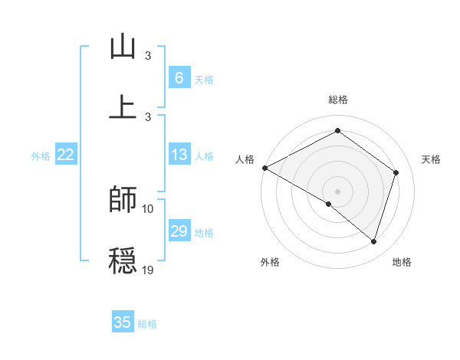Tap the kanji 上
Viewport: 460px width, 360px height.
[123, 106]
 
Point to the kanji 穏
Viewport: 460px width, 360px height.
[123, 260]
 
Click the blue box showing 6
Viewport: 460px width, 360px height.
[179, 77]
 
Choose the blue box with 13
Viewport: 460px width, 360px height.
[179, 155]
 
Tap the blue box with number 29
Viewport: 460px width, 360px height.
[179, 231]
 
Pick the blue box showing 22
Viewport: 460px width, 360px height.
[66, 155]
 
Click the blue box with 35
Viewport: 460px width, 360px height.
[123, 322]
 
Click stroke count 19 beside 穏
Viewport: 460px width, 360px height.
[148, 270]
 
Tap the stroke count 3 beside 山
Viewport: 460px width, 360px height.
[148, 57]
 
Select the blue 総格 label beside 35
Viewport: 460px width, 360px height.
[147, 324]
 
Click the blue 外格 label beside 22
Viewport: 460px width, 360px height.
[41, 156]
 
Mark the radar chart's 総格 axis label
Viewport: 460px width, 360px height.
[337, 100]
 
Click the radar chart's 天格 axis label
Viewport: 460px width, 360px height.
[432, 159]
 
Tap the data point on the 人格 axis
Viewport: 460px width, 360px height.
[264, 168]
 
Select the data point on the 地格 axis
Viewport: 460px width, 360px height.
[374, 242]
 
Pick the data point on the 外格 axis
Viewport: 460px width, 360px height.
[329, 204]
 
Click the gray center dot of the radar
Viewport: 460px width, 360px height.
[337, 191]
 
